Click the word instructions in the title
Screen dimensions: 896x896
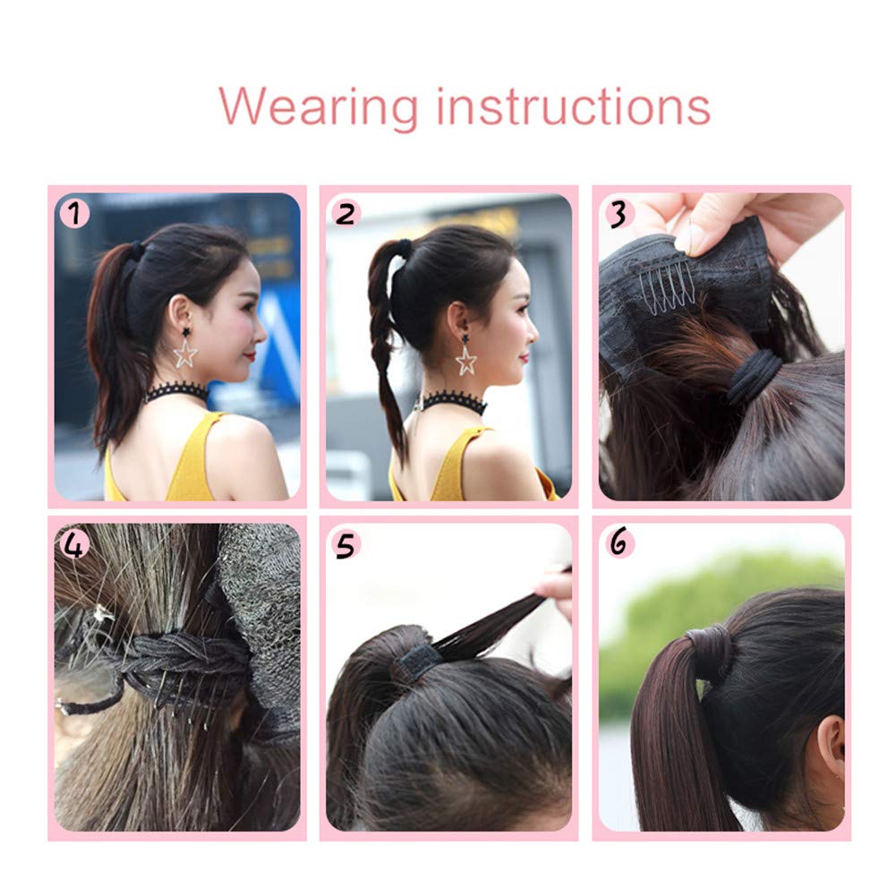click(x=573, y=107)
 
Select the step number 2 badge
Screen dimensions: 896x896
click(x=346, y=213)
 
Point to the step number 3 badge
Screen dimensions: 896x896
click(x=619, y=213)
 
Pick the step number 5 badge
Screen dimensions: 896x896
click(x=346, y=543)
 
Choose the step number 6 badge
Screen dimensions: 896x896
click(x=619, y=543)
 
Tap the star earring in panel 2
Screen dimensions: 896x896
click(x=465, y=358)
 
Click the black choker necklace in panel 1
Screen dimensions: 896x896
click(x=176, y=392)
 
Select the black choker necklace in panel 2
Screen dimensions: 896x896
click(x=454, y=402)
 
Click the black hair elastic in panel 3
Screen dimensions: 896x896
click(x=756, y=377)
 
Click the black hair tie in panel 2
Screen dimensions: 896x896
click(x=405, y=247)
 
